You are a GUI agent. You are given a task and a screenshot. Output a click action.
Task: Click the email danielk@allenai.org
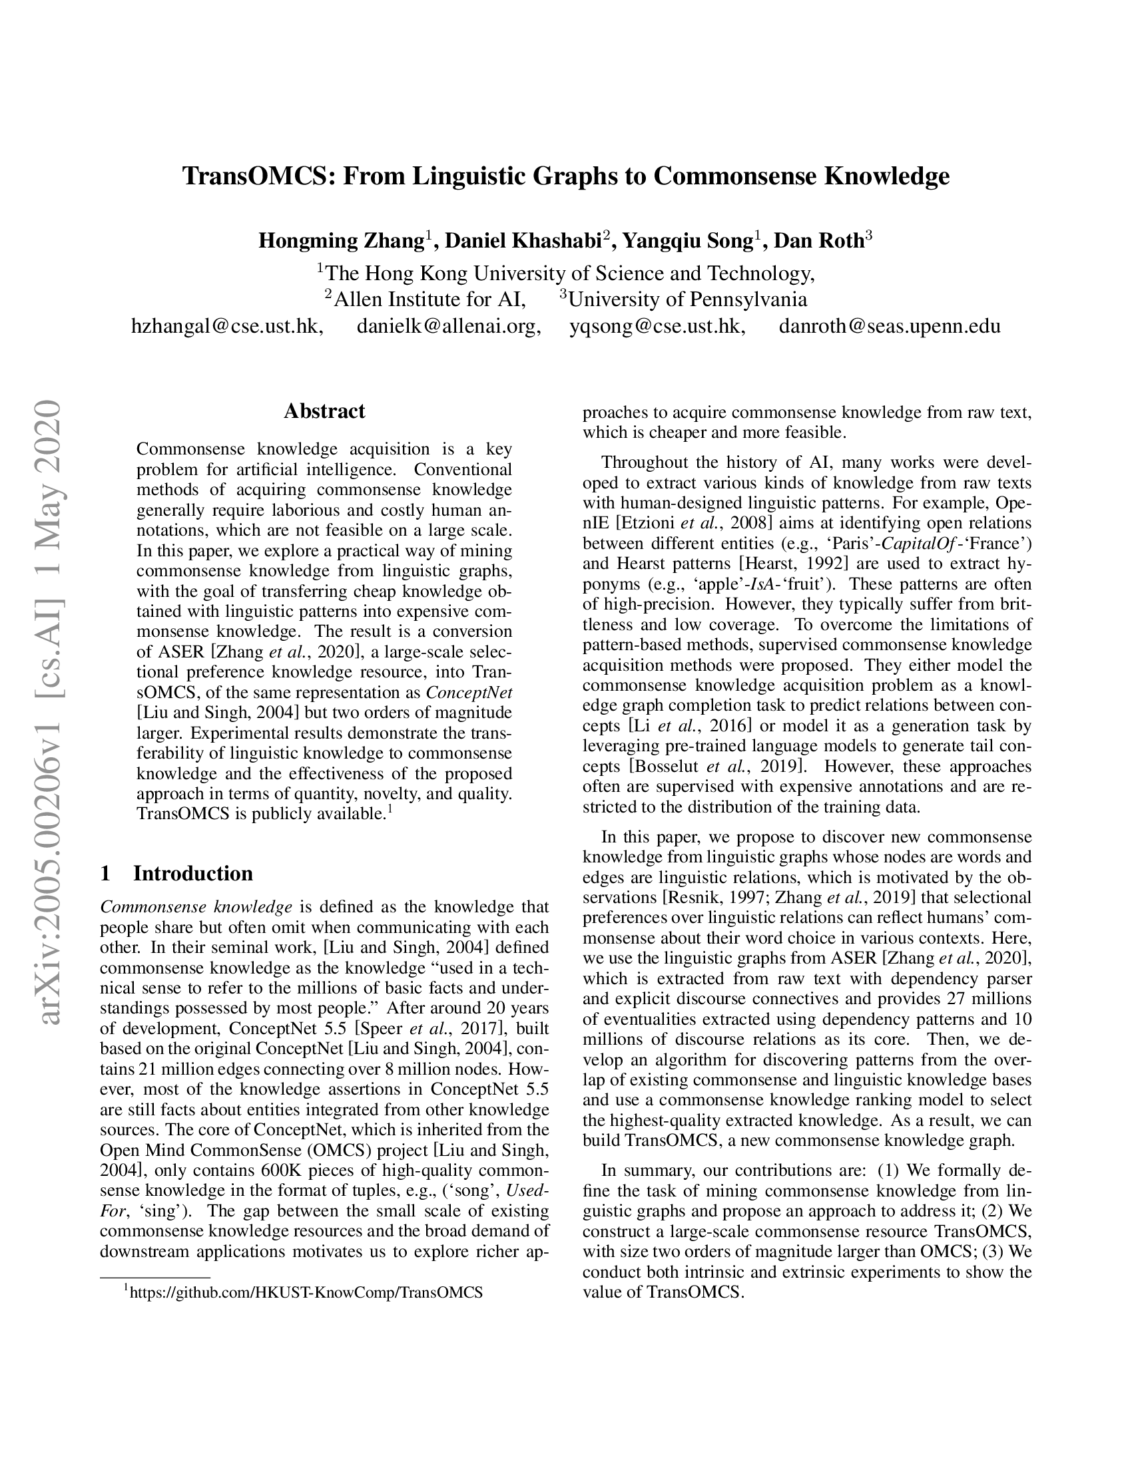[x=448, y=327]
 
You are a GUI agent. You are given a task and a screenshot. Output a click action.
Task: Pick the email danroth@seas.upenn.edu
[x=889, y=327]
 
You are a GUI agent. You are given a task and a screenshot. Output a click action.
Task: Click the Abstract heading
[x=324, y=411]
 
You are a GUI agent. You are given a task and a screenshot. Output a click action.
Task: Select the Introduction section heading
[x=192, y=874]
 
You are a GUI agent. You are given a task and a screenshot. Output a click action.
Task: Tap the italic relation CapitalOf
[x=922, y=543]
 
